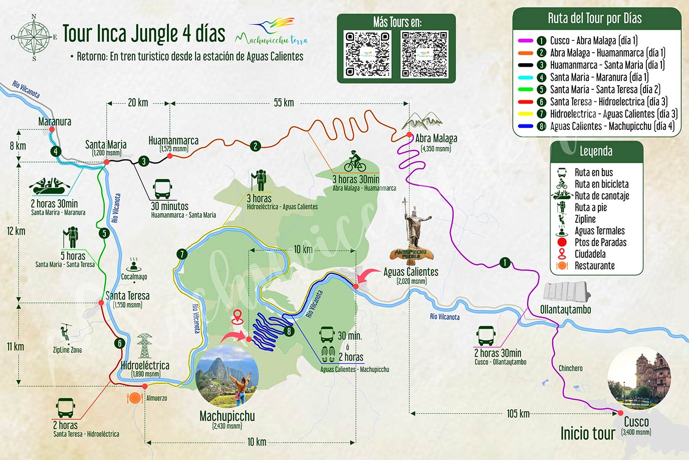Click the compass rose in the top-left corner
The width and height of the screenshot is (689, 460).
(34, 37)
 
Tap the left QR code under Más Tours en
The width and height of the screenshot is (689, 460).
(367, 54)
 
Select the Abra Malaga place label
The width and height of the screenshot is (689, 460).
(436, 138)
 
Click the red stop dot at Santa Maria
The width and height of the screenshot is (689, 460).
(107, 162)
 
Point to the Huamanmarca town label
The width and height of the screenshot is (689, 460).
(173, 141)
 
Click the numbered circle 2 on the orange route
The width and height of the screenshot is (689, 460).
(256, 146)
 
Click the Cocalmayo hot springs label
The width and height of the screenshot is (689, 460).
(134, 276)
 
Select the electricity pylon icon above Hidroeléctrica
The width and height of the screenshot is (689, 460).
(144, 346)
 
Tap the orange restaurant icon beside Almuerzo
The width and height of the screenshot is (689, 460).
(134, 398)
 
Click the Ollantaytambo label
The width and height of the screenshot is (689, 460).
(565, 310)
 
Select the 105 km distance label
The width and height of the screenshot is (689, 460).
(518, 413)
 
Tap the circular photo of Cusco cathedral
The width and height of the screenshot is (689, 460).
(639, 377)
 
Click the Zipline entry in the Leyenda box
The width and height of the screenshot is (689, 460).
(585, 219)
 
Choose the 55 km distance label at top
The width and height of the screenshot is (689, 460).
(284, 103)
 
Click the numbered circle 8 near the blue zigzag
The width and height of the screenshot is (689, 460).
(289, 331)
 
